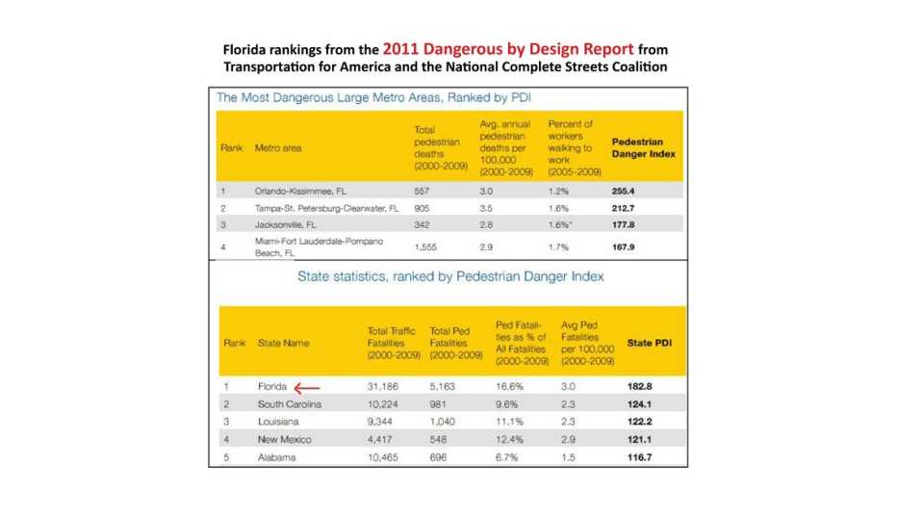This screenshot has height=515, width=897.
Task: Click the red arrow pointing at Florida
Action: coord(307,388)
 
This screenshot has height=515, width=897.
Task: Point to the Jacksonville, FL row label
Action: coord(286,223)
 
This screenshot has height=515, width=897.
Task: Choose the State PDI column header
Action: coord(649,342)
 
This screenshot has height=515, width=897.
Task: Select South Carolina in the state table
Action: coord(290,404)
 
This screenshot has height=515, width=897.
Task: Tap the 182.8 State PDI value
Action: coord(639,387)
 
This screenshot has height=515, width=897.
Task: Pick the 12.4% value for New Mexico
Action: coord(508,440)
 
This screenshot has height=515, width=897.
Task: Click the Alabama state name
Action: coord(276,457)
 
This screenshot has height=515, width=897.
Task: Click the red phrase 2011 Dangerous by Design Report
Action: coord(507,48)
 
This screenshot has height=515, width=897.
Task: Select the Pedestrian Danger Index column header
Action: coord(643,147)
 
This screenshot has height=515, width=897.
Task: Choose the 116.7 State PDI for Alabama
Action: coord(639,457)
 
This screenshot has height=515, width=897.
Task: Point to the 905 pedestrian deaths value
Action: coord(422,208)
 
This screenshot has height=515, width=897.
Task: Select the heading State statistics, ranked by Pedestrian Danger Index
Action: coord(450,277)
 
